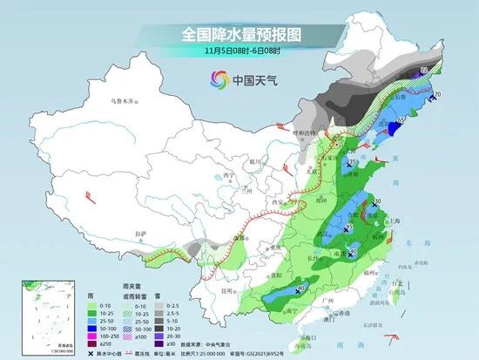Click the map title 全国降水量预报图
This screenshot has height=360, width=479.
[x=239, y=34]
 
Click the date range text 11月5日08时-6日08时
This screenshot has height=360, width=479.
[x=239, y=51]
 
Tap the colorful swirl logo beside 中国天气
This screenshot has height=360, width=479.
[x=214, y=79]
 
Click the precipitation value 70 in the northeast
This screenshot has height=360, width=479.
[x=438, y=94]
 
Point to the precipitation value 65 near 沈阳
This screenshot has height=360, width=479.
[x=401, y=120]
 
